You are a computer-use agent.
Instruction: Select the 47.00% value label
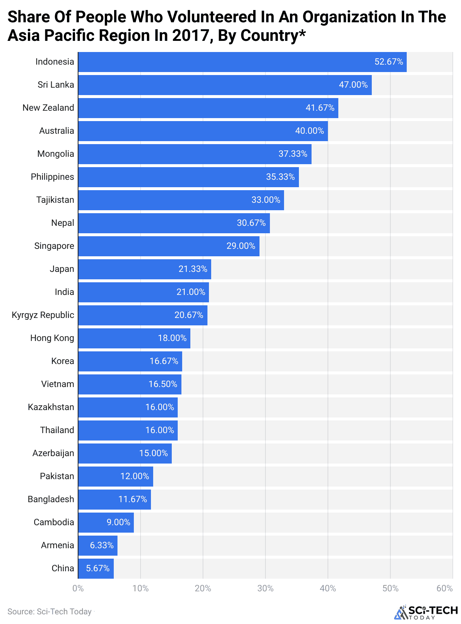tap(353, 85)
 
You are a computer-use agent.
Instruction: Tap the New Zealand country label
tap(48, 108)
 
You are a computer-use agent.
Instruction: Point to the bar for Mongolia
tap(194, 154)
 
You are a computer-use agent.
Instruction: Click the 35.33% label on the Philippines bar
tap(280, 177)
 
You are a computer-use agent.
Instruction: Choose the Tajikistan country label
tap(55, 200)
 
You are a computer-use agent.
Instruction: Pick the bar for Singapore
tap(168, 246)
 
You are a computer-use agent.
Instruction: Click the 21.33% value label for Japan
tap(193, 269)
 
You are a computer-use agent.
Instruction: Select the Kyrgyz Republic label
tap(43, 315)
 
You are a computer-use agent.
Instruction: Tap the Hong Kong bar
tap(134, 338)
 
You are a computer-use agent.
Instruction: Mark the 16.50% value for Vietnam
tap(163, 384)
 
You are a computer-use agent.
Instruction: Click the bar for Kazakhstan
tap(128, 407)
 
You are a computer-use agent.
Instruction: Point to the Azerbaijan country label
tap(53, 453)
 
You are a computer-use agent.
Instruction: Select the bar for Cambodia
tap(106, 523)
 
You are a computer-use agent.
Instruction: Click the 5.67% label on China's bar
tap(98, 568)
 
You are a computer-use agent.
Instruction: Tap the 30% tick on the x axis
tap(265, 588)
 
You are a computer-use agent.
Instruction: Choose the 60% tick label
tap(445, 588)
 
